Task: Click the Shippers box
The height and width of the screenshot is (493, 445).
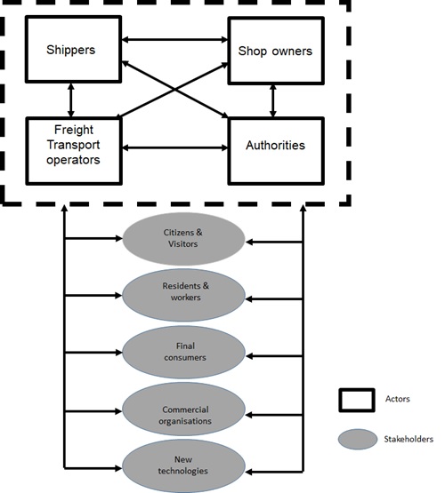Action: tap(73, 49)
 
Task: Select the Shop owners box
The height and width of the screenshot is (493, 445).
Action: tap(276, 51)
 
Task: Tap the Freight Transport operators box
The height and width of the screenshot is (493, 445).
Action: tap(74, 151)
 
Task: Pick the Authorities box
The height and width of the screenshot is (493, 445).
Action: tap(276, 151)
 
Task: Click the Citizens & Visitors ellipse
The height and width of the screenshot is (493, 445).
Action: tap(183, 239)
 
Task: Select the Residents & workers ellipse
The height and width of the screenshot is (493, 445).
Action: tap(183, 295)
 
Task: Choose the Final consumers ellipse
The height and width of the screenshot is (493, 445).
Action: tap(183, 352)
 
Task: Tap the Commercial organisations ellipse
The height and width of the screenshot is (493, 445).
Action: tap(183, 409)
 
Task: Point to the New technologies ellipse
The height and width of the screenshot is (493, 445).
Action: tap(183, 466)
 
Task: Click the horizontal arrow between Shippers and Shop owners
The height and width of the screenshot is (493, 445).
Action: tap(174, 40)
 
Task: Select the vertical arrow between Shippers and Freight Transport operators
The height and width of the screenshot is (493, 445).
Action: tap(71, 100)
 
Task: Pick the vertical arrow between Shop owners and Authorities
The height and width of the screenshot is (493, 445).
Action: tap(273, 101)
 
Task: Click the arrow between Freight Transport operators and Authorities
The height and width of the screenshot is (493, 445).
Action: tap(174, 147)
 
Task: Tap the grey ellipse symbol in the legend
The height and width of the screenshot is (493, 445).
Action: tap(358, 439)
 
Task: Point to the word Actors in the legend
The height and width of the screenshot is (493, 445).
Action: tap(398, 399)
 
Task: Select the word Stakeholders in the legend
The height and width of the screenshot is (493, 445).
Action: tap(409, 439)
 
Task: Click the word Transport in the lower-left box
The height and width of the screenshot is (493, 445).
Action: tap(73, 145)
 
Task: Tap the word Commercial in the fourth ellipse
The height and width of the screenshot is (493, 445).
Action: tap(185, 410)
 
